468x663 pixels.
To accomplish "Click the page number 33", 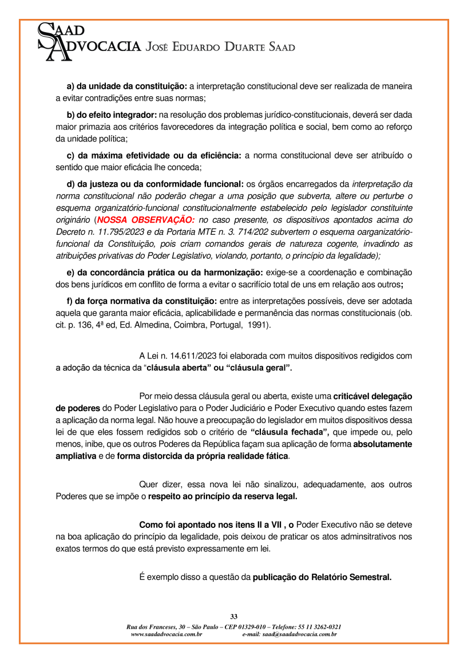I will coord(233,616).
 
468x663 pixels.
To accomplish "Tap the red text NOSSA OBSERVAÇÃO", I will coord(145,220).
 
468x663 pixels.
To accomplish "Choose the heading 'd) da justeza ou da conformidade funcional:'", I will coord(155,184).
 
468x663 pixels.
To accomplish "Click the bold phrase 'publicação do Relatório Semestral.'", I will coord(322,577).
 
